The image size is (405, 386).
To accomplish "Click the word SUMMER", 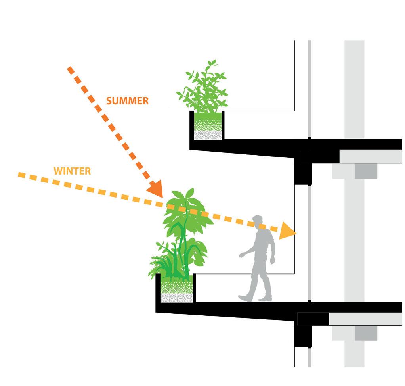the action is pos(127,101).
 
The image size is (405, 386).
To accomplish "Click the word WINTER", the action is pos(72,171).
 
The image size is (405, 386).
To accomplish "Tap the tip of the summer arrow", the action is pos(162,196).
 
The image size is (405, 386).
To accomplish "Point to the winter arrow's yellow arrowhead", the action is pos(288,232).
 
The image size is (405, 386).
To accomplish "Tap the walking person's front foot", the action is pos(245,297).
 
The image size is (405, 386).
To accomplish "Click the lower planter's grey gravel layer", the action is pos(177,297).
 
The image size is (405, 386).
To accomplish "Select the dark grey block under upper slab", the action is pos(365,171).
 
